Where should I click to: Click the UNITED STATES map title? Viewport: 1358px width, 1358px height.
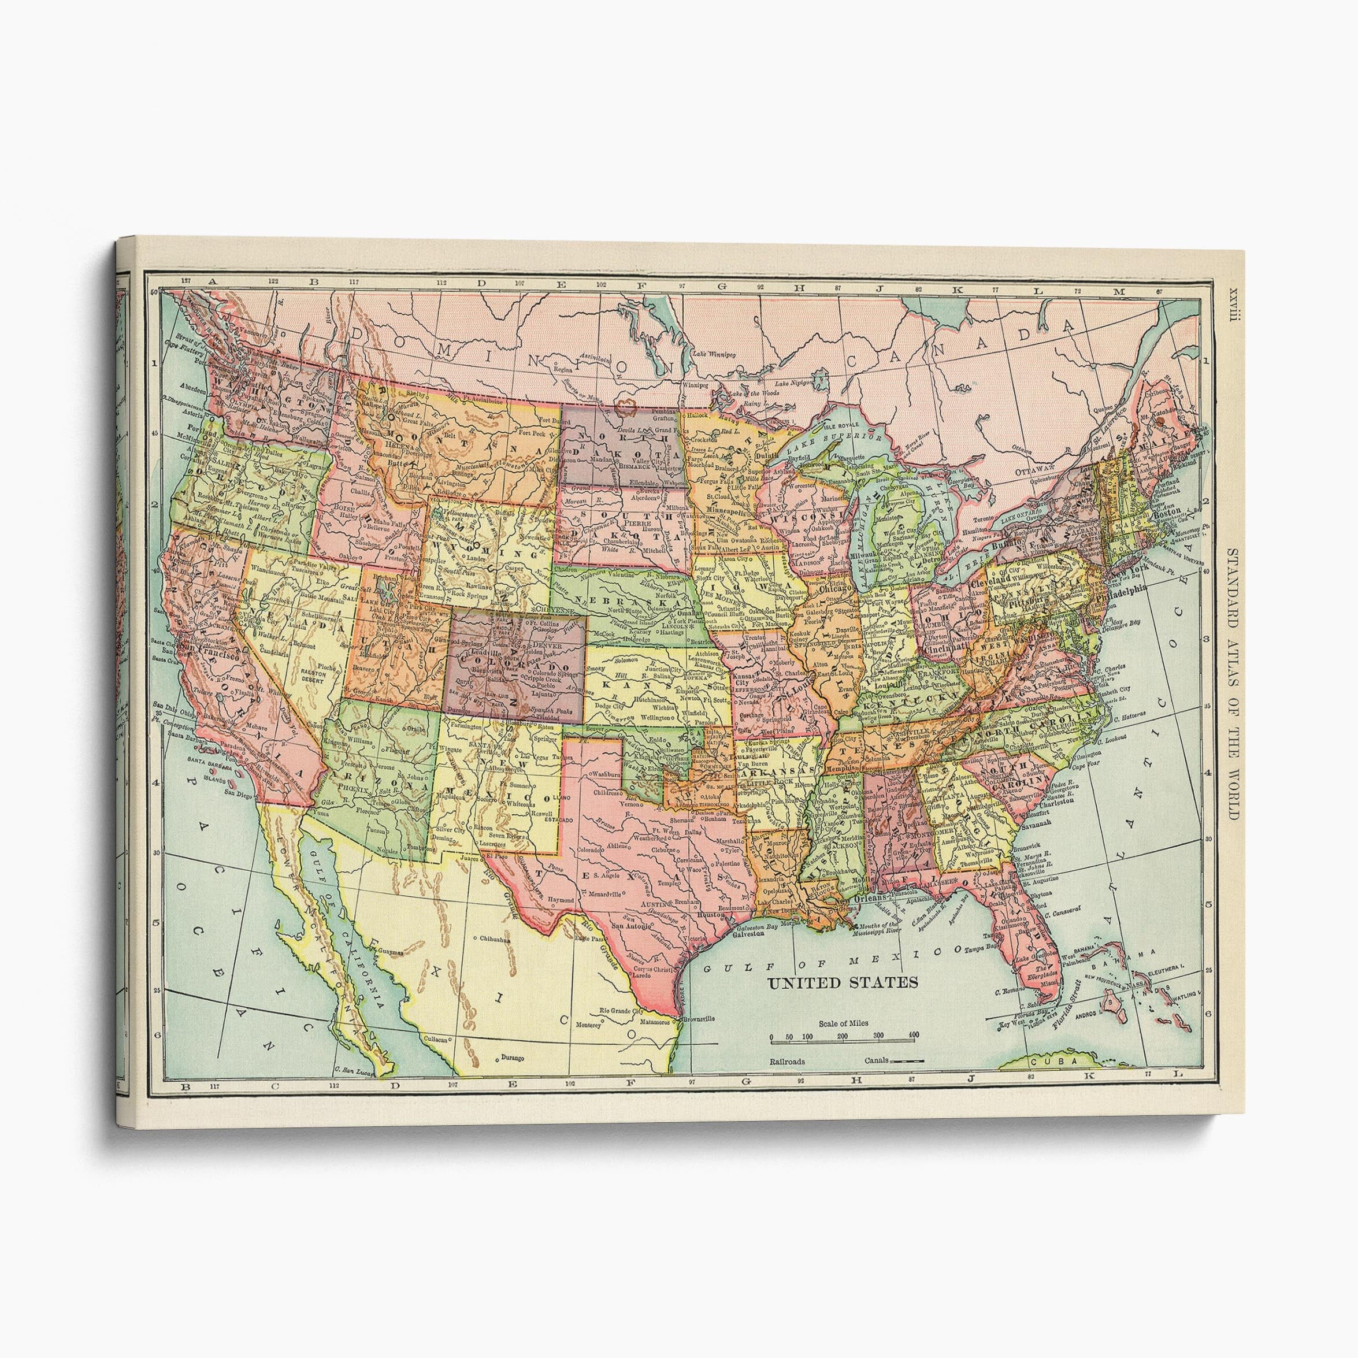click(841, 982)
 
